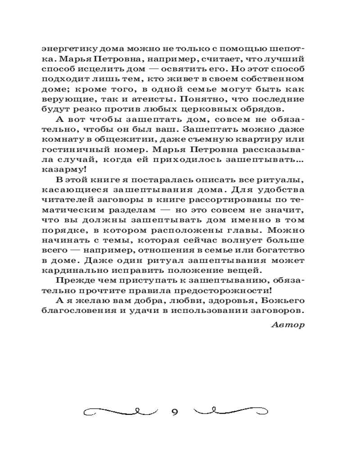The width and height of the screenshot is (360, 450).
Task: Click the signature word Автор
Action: (x=288, y=324)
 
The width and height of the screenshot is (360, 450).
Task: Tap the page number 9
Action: (x=175, y=411)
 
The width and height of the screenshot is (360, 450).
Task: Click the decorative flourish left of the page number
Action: (x=121, y=410)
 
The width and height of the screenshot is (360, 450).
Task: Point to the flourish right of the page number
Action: (x=231, y=410)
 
